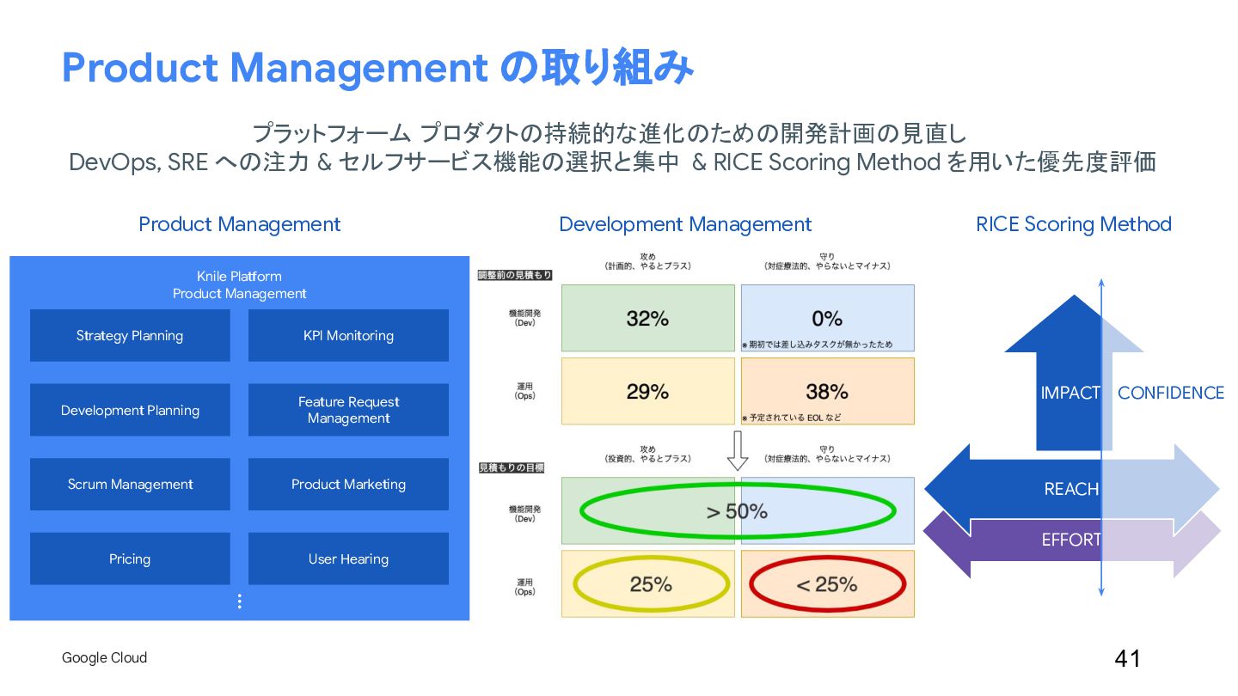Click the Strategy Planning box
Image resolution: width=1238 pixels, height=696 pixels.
point(130,336)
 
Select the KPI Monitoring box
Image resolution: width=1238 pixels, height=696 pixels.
point(348,336)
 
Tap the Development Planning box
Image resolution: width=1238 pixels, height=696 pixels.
point(130,410)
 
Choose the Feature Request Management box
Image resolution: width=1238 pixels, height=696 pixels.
point(348,410)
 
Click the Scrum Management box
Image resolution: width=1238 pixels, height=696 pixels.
point(130,485)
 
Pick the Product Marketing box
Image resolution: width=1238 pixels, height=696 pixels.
point(348,485)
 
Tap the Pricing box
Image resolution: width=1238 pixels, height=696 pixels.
point(130,559)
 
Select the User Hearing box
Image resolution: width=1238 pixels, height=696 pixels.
point(348,559)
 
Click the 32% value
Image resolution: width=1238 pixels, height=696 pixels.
point(647,319)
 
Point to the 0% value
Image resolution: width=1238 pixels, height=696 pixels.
point(827,319)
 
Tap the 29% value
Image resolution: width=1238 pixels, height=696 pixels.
point(647,392)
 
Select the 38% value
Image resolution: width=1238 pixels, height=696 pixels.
point(827,392)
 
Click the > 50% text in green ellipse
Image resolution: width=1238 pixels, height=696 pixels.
point(737,511)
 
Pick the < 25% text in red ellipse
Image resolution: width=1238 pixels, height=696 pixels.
point(826,585)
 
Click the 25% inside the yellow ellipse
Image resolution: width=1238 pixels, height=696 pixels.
point(651,585)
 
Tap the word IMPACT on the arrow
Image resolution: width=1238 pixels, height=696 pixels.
point(1070,393)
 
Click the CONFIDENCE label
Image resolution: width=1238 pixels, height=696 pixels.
point(1170,393)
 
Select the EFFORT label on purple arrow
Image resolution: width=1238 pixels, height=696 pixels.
point(1071,540)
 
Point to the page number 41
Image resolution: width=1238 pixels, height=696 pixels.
point(1127,659)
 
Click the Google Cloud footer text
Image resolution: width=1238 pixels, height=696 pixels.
point(104,658)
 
